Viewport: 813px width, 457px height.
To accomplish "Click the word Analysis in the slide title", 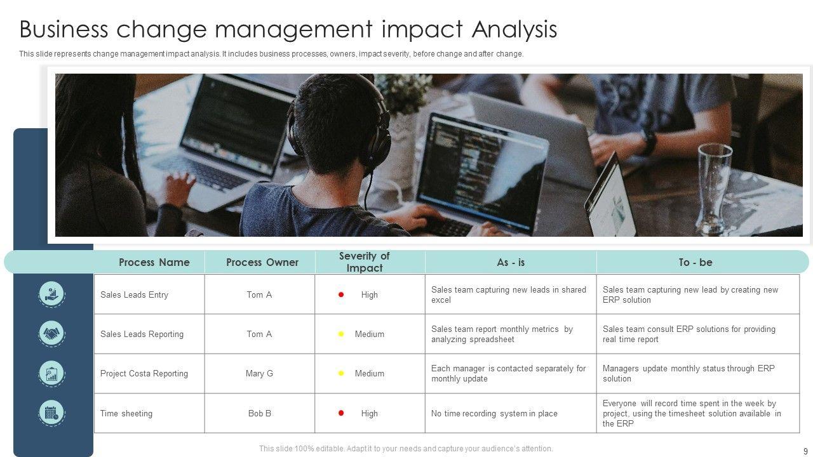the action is (x=514, y=29).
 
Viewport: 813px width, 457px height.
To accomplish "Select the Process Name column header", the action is (x=154, y=262).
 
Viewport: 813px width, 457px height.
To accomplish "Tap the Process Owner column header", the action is (x=262, y=262).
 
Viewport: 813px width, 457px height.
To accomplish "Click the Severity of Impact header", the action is (x=365, y=262).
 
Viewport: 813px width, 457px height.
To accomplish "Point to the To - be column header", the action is (x=695, y=262).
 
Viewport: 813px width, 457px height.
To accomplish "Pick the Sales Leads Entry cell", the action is (x=134, y=295).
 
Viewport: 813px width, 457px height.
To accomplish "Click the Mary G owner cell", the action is (x=259, y=373).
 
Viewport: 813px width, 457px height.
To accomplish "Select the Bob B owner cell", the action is (x=260, y=413).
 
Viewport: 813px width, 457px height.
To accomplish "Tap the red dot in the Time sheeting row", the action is (x=341, y=413).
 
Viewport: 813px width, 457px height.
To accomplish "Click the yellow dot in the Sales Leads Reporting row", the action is (x=341, y=334).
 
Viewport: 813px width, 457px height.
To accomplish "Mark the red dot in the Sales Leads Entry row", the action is (x=341, y=295).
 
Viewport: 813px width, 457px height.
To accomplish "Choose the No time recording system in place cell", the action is (x=494, y=413).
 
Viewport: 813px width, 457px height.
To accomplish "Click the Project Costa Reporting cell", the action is (x=144, y=373).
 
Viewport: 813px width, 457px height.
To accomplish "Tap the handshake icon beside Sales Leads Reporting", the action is (x=51, y=333).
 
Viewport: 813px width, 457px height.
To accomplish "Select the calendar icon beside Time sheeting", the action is (x=51, y=413).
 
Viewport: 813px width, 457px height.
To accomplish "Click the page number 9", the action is (x=805, y=451).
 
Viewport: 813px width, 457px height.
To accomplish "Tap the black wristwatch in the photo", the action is (x=648, y=142).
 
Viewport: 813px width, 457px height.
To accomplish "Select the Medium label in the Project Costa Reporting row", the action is (x=370, y=373).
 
